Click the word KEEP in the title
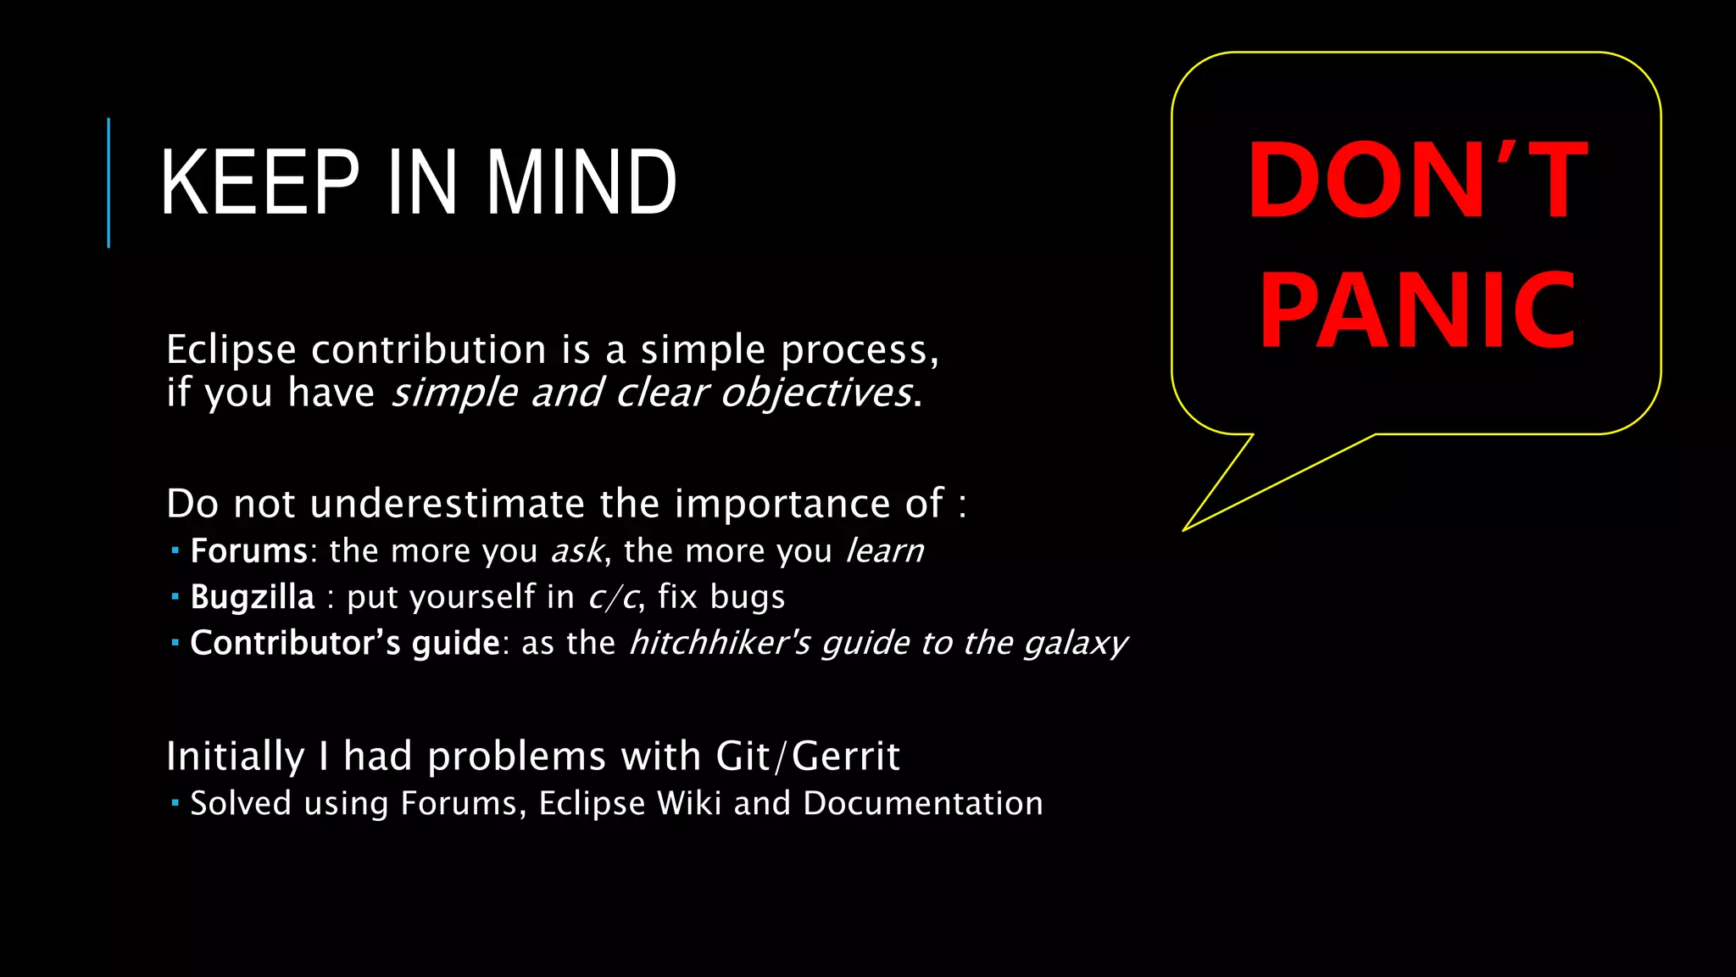(259, 182)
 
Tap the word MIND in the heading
(581, 182)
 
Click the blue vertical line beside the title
(108, 182)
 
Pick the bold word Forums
(248, 551)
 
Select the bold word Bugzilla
(252, 597)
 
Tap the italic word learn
(885, 551)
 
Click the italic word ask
(577, 551)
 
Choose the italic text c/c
(613, 597)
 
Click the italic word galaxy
(1075, 644)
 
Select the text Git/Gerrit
(807, 756)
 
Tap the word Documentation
(922, 803)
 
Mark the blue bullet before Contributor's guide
(175, 643)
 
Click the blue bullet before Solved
(175, 802)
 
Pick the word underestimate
(447, 504)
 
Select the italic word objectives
(816, 393)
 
